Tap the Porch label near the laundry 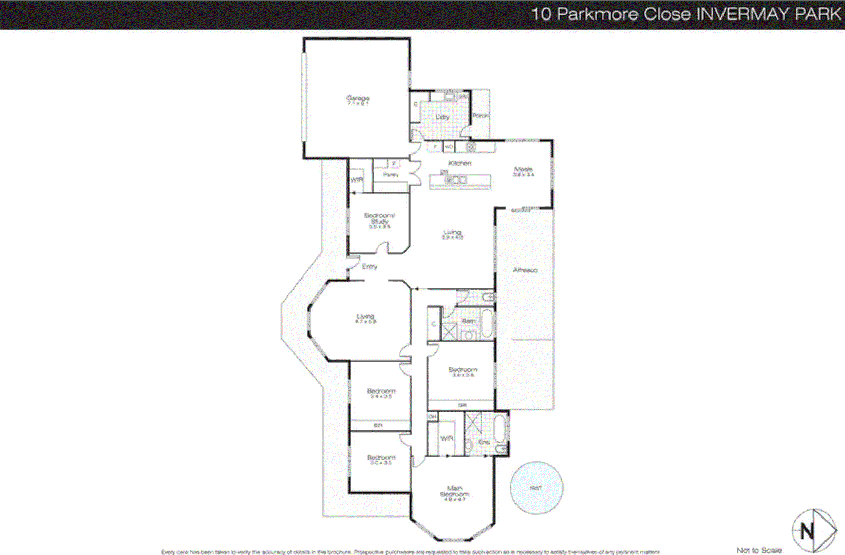pos(480,116)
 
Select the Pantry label pos(391,175)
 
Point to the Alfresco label pos(525,270)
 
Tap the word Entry pos(370,267)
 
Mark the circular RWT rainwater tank pos(536,488)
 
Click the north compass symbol pos(813,531)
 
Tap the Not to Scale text pos(759,550)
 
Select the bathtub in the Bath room pos(487,323)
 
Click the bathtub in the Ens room pos(499,428)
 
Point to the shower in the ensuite pos(473,423)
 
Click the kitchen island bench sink pos(456,180)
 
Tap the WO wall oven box pos(448,147)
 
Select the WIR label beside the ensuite pos(446,438)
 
